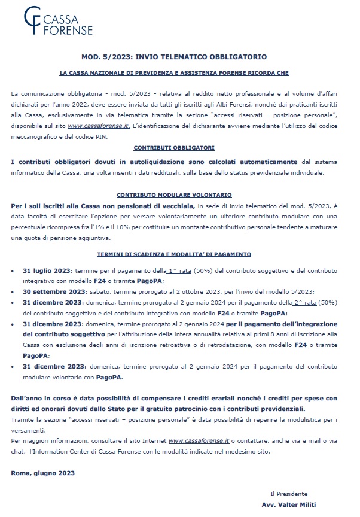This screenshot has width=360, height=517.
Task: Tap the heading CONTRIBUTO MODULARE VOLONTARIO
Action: point(174,195)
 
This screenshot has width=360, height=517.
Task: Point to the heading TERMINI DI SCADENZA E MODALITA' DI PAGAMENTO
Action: point(174,254)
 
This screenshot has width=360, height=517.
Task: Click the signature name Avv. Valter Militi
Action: point(292,504)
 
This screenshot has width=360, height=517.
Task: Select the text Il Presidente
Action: point(289,494)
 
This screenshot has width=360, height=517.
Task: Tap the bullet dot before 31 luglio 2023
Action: point(14,271)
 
